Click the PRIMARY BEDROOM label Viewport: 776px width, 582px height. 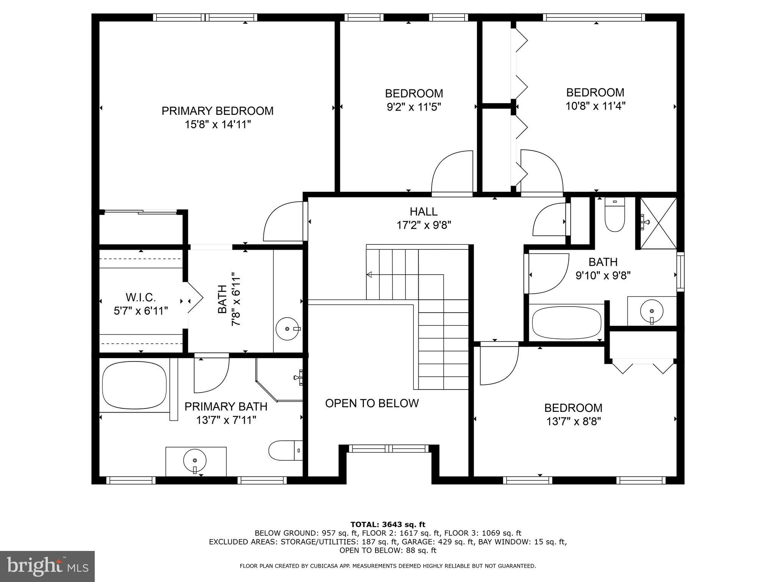(x=217, y=111)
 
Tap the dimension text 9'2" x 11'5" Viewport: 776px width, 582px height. (x=414, y=107)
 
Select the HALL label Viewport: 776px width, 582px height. (x=423, y=211)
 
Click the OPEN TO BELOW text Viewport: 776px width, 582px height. (x=372, y=403)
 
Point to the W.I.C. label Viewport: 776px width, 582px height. (x=141, y=297)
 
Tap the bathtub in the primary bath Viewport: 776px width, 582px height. (x=135, y=385)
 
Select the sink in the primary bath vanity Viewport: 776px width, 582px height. (x=195, y=461)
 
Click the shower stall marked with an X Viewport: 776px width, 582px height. (x=658, y=224)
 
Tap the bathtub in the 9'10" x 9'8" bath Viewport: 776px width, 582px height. (x=566, y=323)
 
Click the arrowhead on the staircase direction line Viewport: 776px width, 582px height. (x=369, y=274)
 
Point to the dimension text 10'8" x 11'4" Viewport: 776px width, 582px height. (x=595, y=106)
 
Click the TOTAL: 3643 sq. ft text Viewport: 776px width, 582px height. (x=388, y=524)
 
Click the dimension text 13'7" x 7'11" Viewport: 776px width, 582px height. (x=226, y=420)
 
